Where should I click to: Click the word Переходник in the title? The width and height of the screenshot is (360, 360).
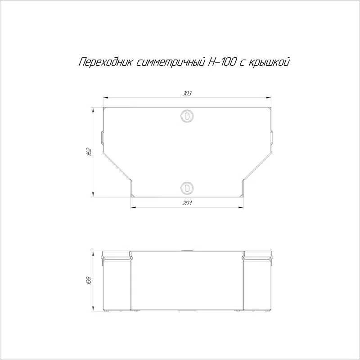(x=106, y=62)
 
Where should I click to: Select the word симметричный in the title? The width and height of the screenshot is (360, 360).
(x=171, y=62)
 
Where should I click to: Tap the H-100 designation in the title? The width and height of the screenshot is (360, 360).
(x=221, y=62)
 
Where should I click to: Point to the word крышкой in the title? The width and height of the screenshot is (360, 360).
(x=269, y=62)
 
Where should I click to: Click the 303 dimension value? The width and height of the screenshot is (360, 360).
(x=187, y=93)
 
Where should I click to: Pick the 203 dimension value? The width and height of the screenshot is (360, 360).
(x=187, y=203)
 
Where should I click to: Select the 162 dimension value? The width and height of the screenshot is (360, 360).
(x=89, y=152)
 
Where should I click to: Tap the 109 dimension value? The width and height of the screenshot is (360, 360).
(x=89, y=280)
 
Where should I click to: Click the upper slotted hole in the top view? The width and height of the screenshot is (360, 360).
(x=187, y=116)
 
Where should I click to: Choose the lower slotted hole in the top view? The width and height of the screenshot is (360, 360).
(x=187, y=188)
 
